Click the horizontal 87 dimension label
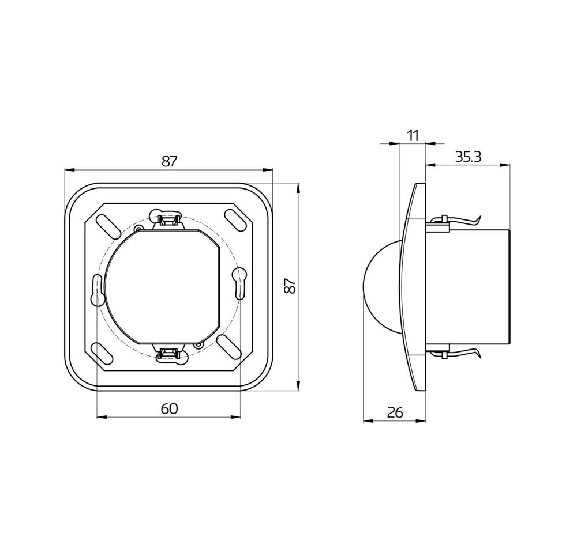point(169,161)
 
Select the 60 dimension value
point(169,408)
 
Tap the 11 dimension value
point(413,135)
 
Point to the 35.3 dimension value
point(468,157)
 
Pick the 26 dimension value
point(395,413)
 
